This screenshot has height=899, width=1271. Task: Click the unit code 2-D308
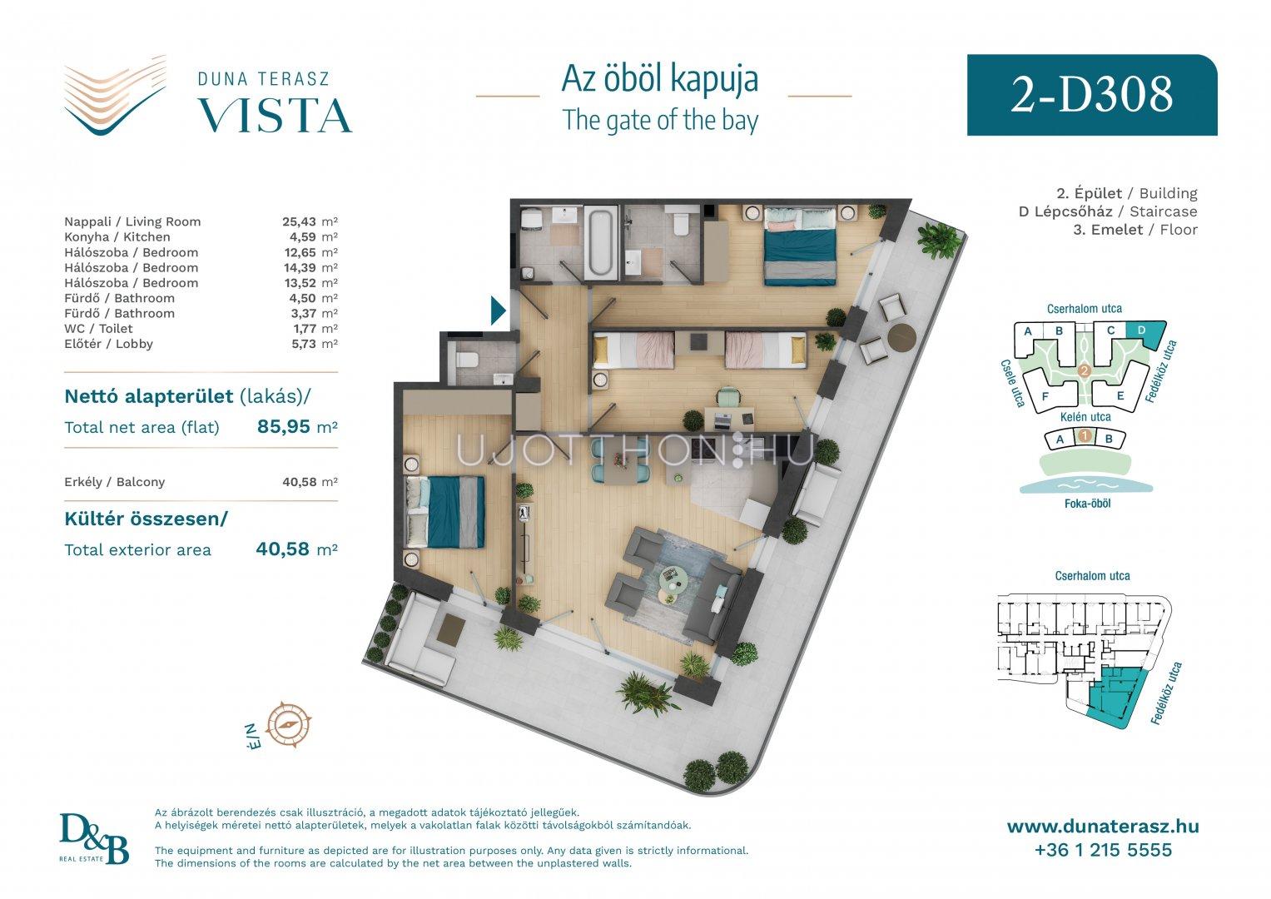coord(1092,94)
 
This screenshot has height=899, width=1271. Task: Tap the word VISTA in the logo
coord(276,116)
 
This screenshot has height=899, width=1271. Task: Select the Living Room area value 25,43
coord(299,221)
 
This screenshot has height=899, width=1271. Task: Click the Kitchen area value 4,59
coord(303,236)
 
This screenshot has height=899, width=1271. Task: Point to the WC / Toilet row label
coord(98,329)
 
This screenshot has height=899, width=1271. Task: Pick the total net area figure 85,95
coord(284,426)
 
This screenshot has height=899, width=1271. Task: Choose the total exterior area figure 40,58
coord(282,549)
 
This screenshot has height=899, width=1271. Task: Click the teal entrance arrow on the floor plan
coord(499,310)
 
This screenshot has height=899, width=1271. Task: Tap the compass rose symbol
coord(288,724)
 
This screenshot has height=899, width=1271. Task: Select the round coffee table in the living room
coord(673,581)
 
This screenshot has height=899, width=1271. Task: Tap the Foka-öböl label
coord(1087,504)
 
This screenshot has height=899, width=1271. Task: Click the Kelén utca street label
coord(1085,416)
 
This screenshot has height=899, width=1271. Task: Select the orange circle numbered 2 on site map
coord(1085,371)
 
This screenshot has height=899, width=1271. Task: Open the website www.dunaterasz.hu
coord(1103,827)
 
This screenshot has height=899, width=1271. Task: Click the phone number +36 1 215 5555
coord(1103,850)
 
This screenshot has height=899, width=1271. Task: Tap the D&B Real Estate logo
coord(94,839)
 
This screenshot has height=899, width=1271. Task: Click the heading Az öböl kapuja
coord(660,79)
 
